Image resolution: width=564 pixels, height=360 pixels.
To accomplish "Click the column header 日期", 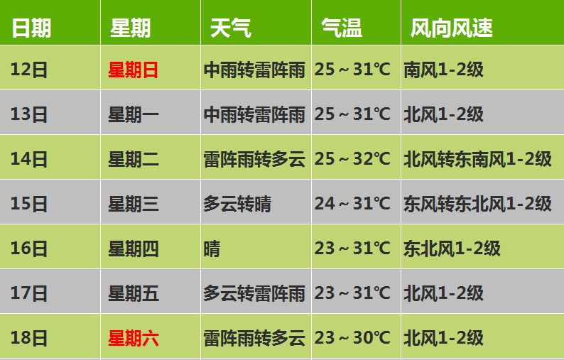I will click(32, 28).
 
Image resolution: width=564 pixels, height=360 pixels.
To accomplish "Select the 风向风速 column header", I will click(451, 28).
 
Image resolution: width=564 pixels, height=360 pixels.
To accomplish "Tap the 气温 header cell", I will click(342, 28).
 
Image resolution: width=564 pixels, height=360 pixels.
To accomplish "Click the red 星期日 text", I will click(133, 70).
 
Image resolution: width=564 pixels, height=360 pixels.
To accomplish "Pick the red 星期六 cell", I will click(133, 338).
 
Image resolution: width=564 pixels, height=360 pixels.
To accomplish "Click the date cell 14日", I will click(29, 159).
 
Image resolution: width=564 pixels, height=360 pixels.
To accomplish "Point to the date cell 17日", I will click(29, 293).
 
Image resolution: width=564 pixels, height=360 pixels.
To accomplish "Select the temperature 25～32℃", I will click(352, 159).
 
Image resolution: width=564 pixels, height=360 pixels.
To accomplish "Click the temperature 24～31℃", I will click(352, 204).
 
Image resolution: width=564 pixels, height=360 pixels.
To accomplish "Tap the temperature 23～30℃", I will click(352, 338).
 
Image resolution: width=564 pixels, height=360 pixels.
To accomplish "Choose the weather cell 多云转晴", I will click(237, 204).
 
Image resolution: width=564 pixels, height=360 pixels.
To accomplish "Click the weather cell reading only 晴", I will click(212, 249).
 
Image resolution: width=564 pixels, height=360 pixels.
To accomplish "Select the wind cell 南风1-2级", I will click(443, 70).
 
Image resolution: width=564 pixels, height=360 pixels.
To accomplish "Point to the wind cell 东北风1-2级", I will click(452, 249).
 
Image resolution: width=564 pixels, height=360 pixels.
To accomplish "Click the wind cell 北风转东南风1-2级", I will click(477, 159).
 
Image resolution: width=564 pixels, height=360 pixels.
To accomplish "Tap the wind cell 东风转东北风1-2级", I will click(477, 204).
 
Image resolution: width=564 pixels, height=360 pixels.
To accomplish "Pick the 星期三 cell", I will click(133, 204).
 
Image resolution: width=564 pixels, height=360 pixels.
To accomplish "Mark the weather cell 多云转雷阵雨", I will click(254, 293).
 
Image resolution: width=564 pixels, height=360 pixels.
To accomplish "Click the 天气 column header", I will click(230, 28).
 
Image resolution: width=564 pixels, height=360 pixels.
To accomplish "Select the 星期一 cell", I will click(133, 114).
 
